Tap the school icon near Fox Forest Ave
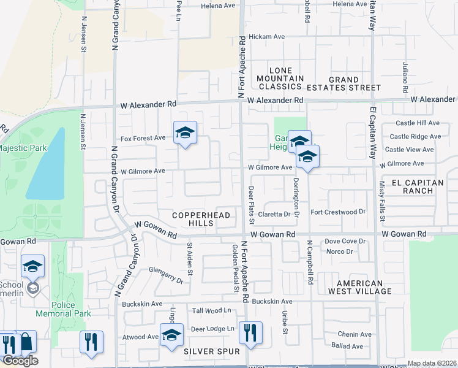(x=184, y=132)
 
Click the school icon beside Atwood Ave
(x=171, y=335)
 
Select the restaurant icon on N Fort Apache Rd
(x=250, y=333)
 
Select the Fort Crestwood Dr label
(x=338, y=212)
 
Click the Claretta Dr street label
(x=274, y=214)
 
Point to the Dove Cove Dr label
(x=345, y=242)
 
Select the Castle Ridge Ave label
(x=415, y=137)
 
